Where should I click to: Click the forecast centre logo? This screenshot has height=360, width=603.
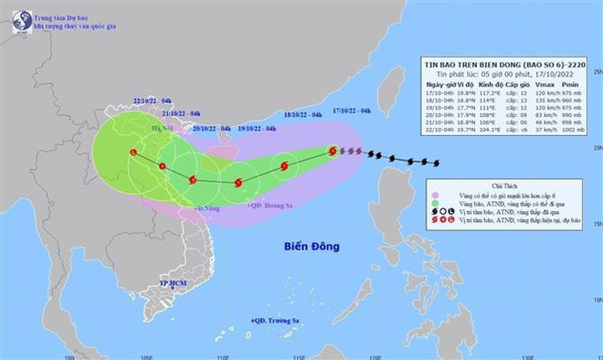[18, 17]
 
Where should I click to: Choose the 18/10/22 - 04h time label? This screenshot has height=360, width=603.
[301, 114]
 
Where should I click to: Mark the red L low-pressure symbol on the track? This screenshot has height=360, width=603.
[133, 153]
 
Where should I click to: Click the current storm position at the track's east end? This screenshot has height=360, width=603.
[333, 151]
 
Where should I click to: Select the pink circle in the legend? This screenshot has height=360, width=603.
[438, 195]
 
